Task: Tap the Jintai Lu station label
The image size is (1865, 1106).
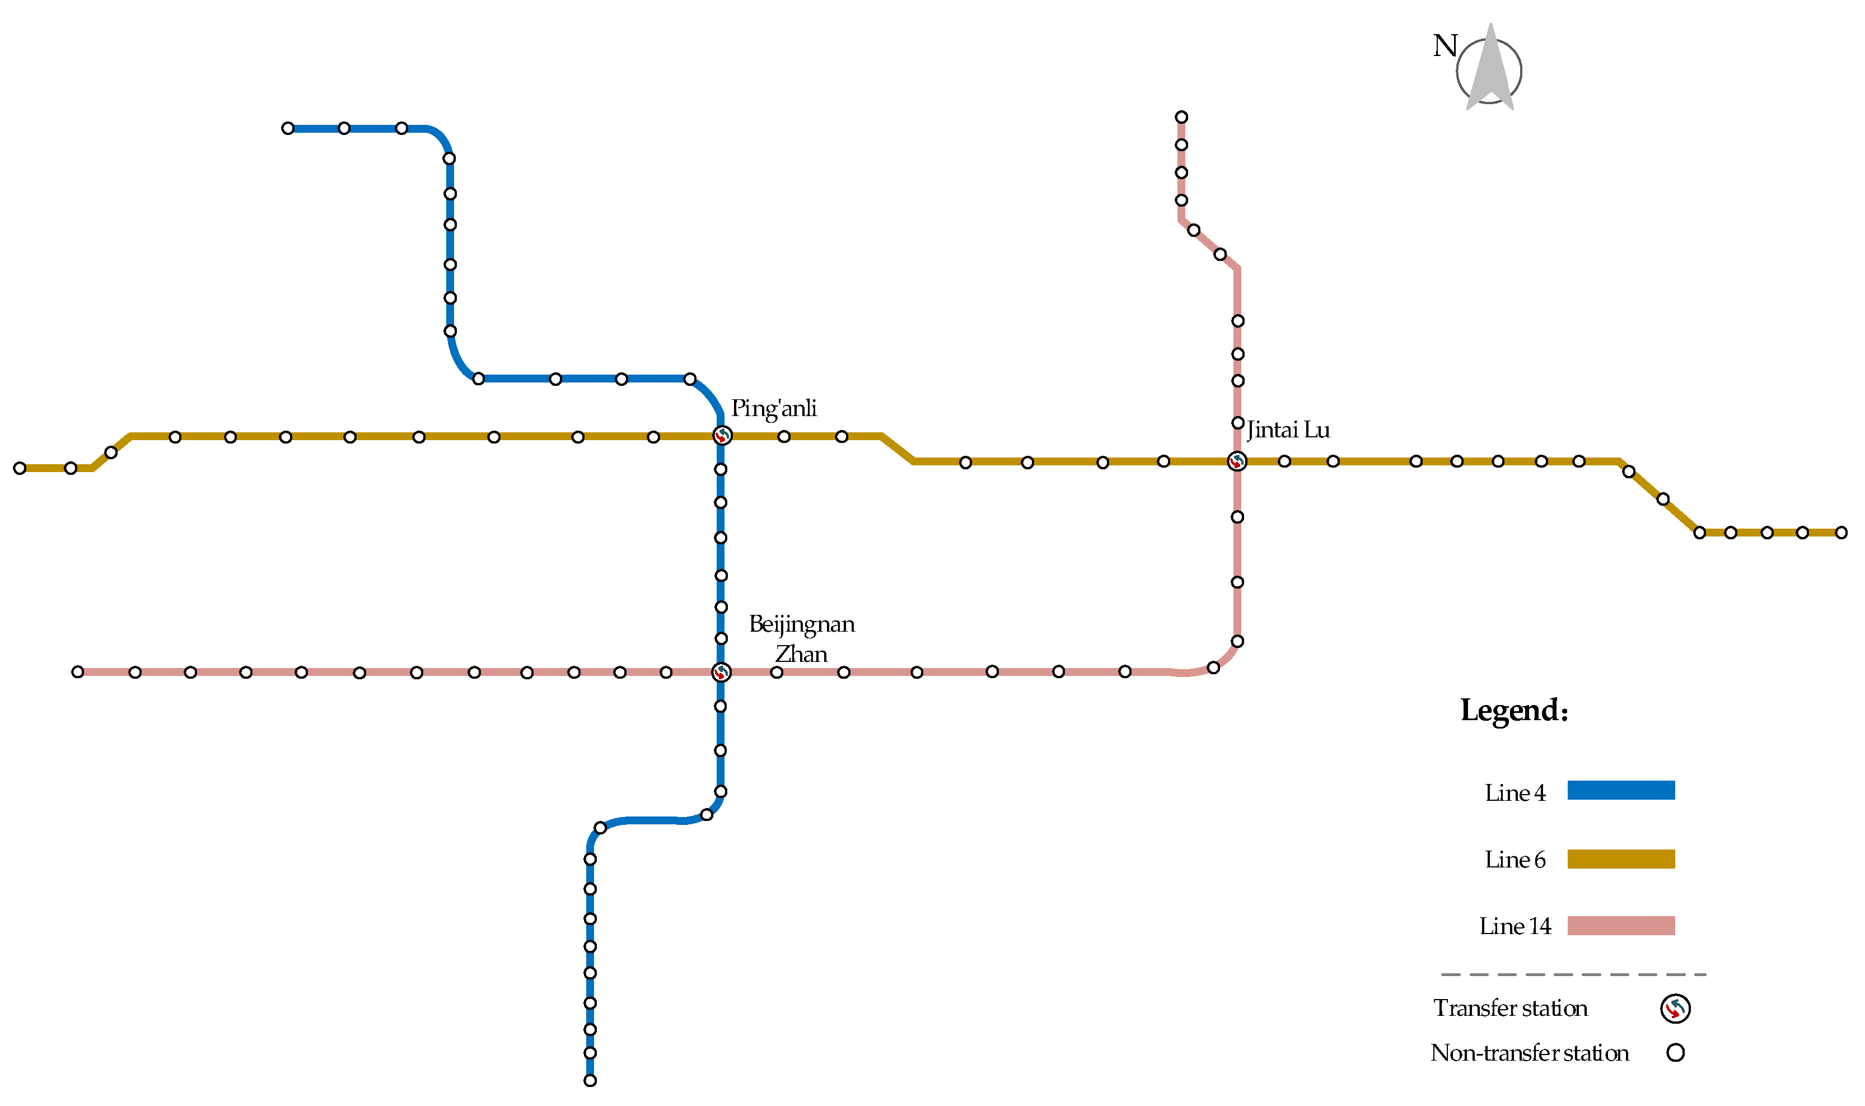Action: point(1288,430)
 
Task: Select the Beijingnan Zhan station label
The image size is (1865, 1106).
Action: point(802,639)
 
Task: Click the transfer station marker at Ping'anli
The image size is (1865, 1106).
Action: point(721,435)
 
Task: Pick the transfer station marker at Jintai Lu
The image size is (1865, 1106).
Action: point(1237,461)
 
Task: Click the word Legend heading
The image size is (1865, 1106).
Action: point(1514,710)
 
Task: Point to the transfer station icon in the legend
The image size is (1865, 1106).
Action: point(1675,1009)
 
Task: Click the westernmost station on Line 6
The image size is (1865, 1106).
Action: point(20,468)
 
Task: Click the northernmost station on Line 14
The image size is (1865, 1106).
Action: point(1182,117)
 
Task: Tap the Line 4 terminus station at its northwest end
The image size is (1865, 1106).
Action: point(288,128)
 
